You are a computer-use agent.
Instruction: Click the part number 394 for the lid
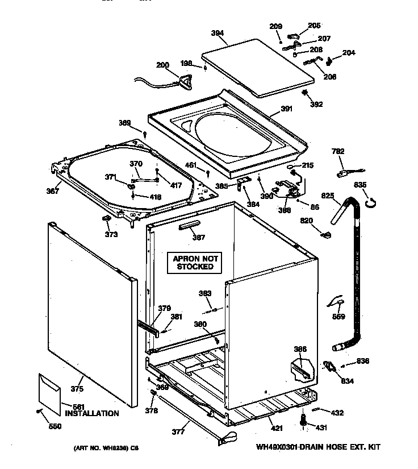[216, 34]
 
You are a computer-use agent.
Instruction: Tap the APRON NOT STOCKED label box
[195, 262]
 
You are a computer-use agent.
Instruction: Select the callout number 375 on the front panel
[77, 389]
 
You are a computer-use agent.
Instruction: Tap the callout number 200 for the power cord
[162, 65]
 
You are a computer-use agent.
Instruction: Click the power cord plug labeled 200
[185, 83]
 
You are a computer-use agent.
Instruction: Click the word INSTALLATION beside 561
[91, 414]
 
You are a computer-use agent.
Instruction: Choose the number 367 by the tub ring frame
[52, 191]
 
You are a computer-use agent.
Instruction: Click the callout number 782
[338, 151]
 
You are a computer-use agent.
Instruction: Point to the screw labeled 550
[39, 410]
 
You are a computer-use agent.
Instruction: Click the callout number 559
[338, 317]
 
